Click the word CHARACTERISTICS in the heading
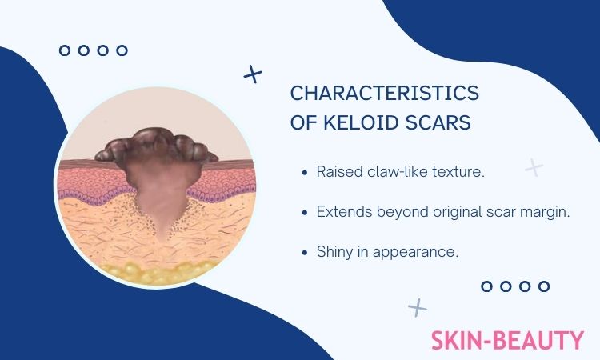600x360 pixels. (x=385, y=93)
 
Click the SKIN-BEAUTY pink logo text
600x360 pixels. (x=507, y=340)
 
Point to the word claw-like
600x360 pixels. (x=398, y=172)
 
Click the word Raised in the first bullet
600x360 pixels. (x=339, y=172)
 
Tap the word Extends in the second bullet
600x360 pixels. (x=344, y=211)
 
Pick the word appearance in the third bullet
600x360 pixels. (x=415, y=253)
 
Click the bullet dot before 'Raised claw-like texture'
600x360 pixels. (x=305, y=173)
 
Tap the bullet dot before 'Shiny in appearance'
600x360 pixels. (x=305, y=253)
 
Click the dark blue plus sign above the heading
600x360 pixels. (x=253, y=74)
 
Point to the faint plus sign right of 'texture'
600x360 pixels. (x=534, y=167)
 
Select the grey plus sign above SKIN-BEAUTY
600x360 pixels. (x=418, y=307)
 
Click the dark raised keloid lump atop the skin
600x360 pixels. (x=156, y=146)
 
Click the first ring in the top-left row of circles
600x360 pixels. (x=65, y=50)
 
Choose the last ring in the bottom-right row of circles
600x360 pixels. (x=544, y=286)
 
